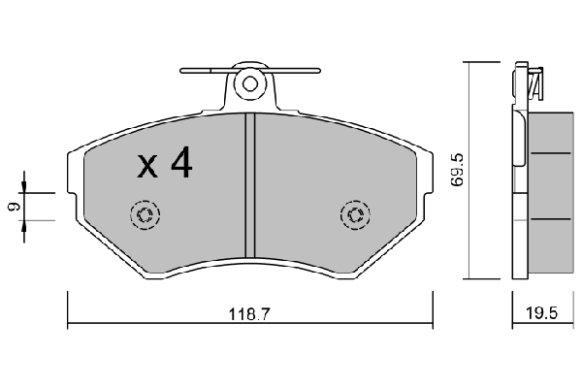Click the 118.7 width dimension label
248,314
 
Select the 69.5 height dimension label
456,170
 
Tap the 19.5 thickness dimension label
541,313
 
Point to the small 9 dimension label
15,207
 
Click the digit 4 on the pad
181,162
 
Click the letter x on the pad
147,167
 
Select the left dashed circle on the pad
145,215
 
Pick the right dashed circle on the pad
355,215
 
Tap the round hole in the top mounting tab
250,84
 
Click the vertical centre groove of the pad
250,185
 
